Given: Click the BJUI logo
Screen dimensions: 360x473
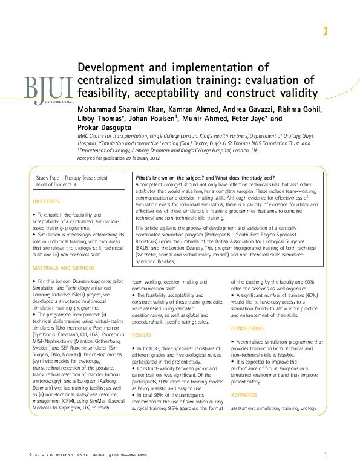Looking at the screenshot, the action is pyautogui.click(x=49, y=88).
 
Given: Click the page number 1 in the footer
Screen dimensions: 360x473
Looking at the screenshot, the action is pyautogui.click(x=326, y=455).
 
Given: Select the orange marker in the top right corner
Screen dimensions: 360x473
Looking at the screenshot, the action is pyautogui.click(x=325, y=31).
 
